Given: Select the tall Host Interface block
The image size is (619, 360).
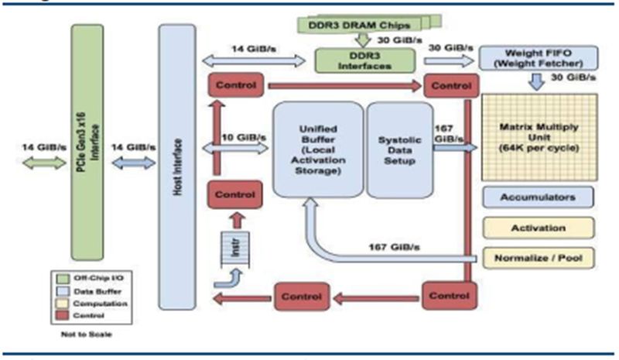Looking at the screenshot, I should pos(177,166).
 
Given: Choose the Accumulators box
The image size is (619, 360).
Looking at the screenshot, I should pos(538,197).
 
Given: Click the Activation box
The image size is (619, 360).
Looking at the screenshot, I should pos(538,228).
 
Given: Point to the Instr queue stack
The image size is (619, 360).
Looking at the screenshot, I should pos(232,249).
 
